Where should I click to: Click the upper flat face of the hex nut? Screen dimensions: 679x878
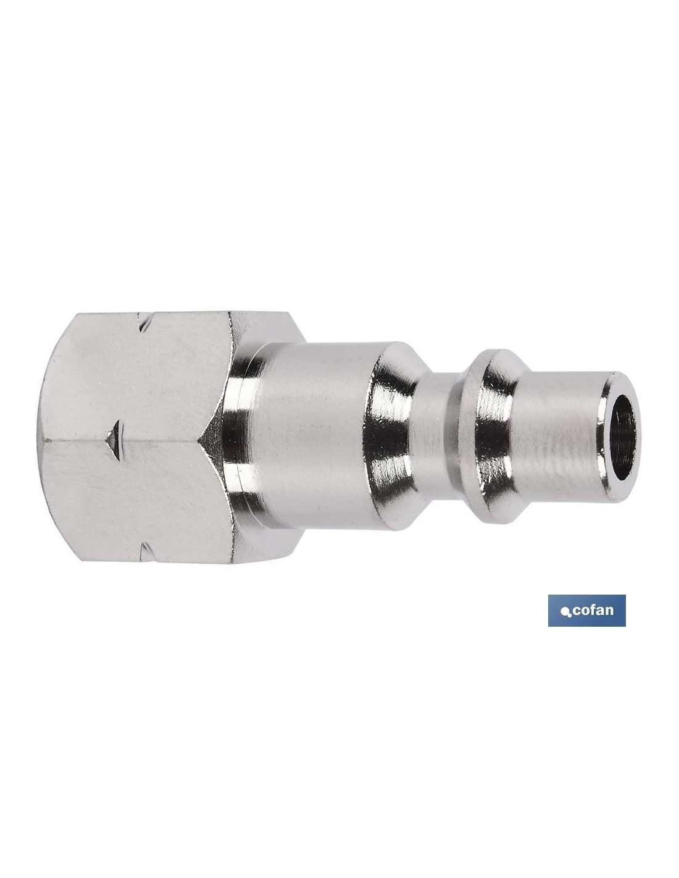(133, 376)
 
